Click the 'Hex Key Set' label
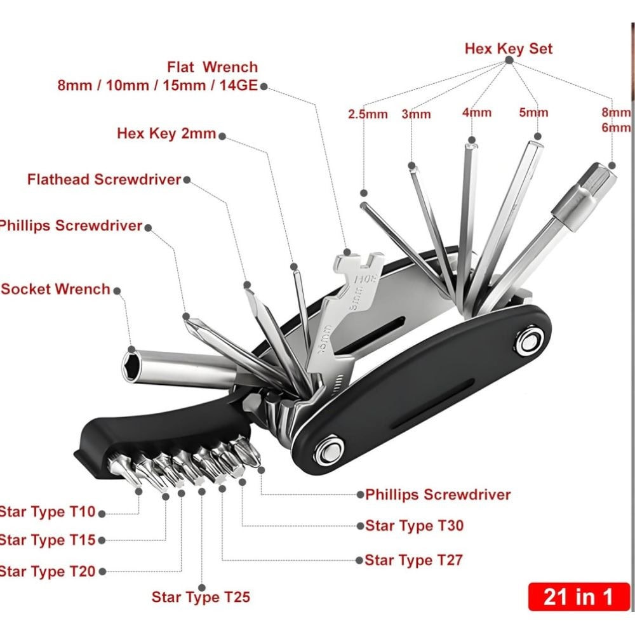[x=508, y=49]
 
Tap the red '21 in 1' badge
[x=578, y=596]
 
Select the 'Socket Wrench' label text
[x=55, y=289]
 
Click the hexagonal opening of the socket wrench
[x=133, y=366]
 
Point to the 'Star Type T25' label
[x=201, y=597]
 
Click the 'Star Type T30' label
[x=414, y=526]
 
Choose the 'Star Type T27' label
[x=413, y=560]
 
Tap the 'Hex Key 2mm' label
[x=166, y=133]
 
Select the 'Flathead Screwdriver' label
[x=104, y=180]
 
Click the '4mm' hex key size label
[x=477, y=112]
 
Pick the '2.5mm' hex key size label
[x=368, y=114]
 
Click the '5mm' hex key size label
[x=534, y=112]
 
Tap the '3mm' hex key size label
[x=416, y=114]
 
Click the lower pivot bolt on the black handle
[x=329, y=450]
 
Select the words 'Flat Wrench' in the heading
[x=212, y=67]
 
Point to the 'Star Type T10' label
[x=48, y=512]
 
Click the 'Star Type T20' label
[x=48, y=572]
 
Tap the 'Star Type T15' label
[x=48, y=540]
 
